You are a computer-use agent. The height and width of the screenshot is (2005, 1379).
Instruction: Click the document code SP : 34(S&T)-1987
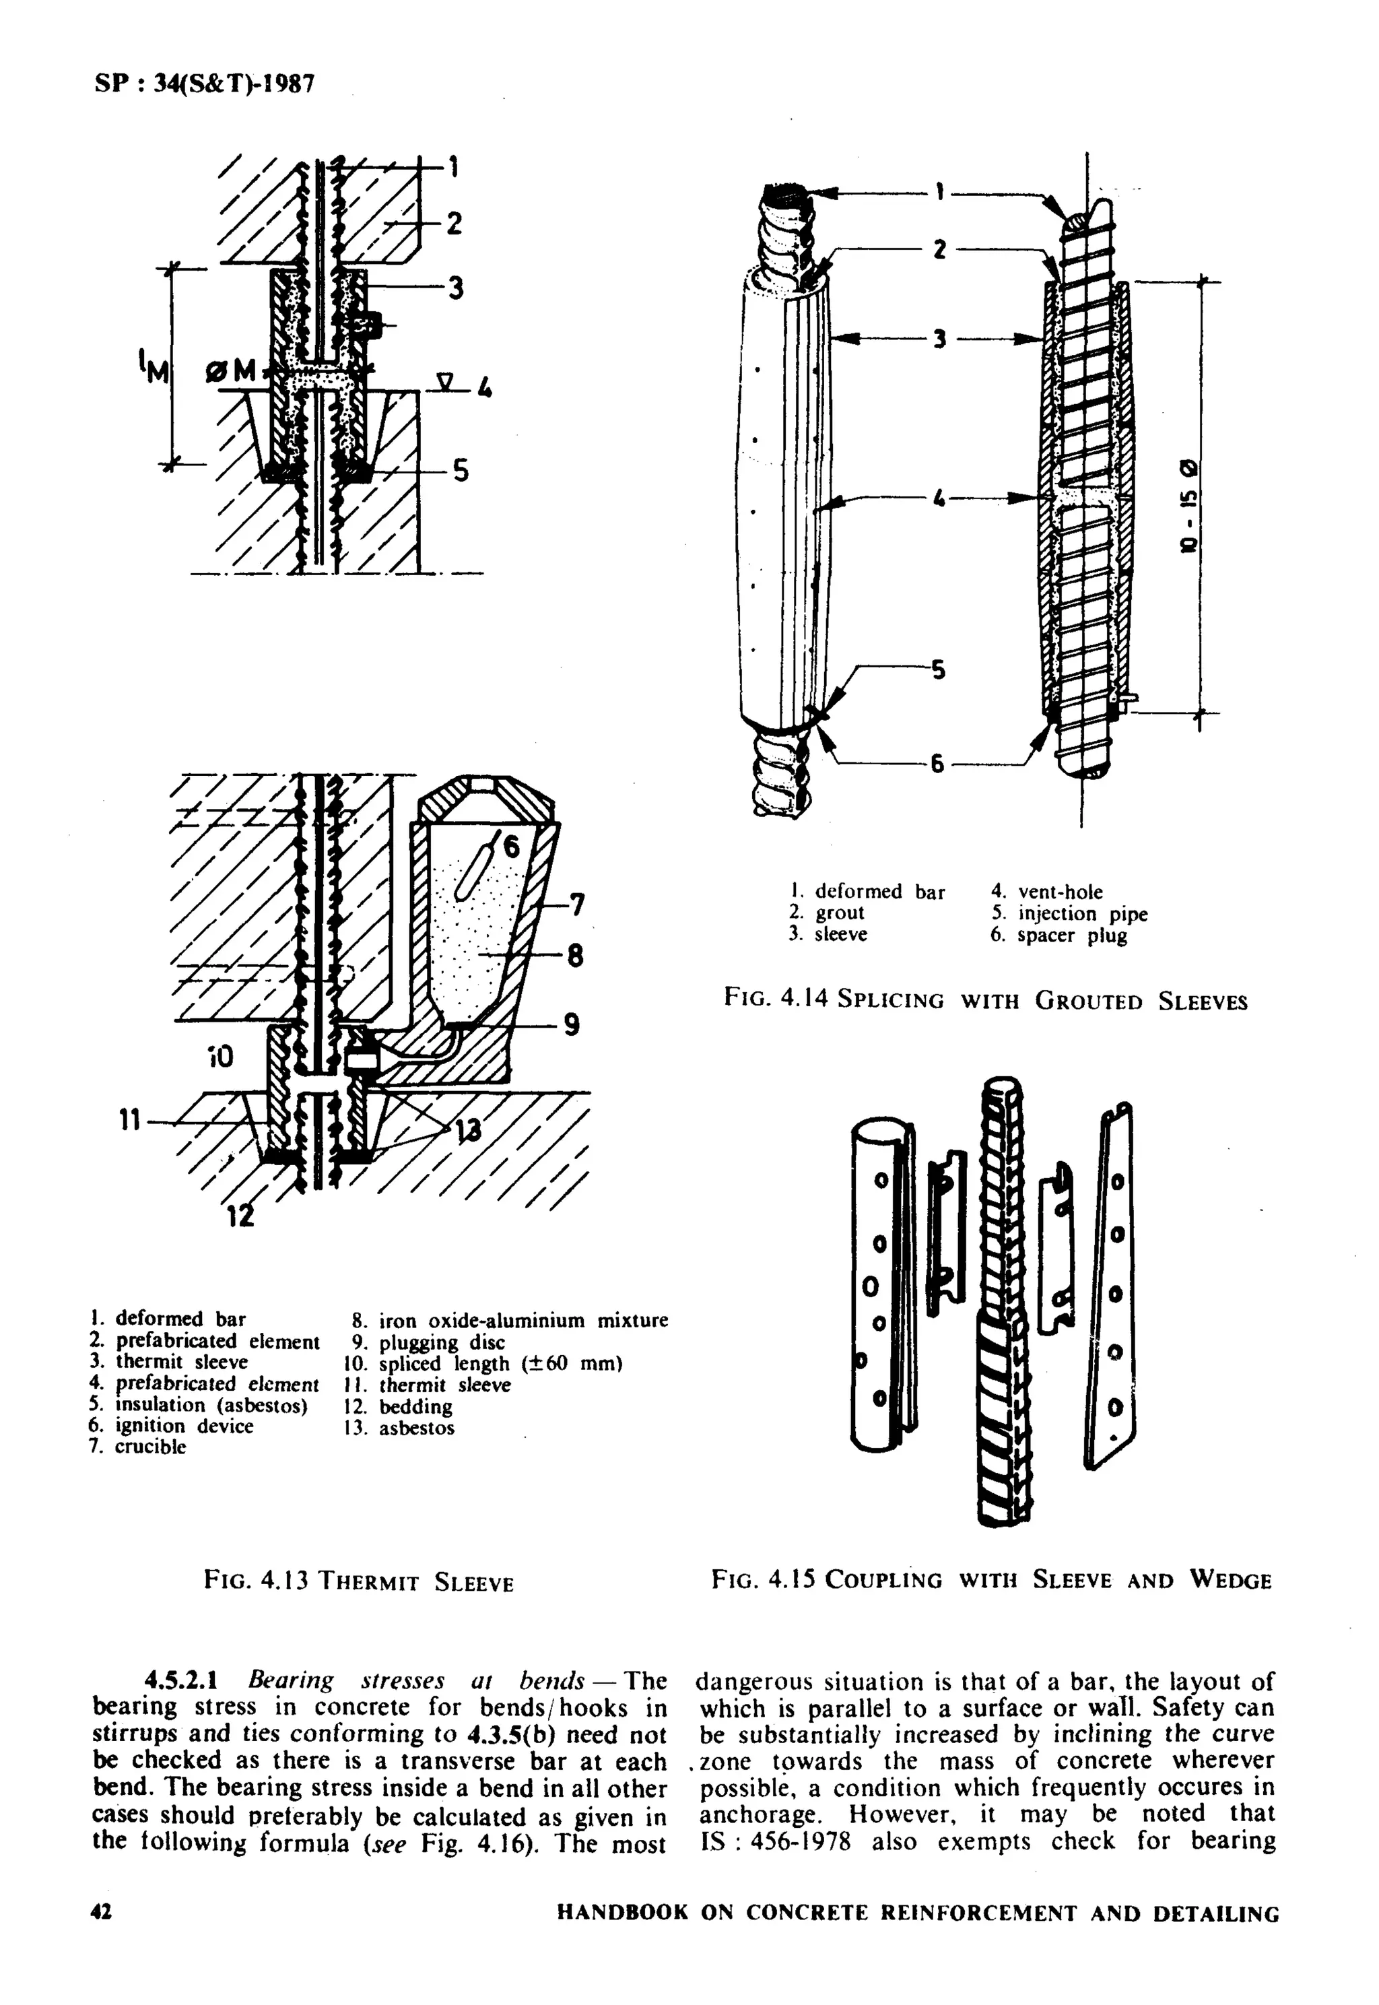coord(204,84)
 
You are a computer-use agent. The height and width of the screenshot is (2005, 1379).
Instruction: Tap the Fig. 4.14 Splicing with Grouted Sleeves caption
coord(986,1001)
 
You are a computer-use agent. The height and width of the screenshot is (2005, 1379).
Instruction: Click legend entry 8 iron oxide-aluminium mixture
coord(510,1321)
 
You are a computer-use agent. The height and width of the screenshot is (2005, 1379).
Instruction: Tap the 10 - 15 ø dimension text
coord(1192,506)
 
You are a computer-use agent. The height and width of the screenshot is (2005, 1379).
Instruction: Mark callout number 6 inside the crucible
coord(512,847)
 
